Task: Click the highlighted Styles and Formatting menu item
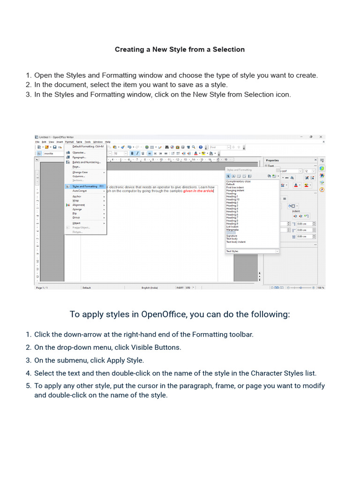point(85,186)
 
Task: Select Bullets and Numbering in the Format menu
point(86,162)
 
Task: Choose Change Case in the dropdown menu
point(80,172)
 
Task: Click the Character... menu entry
point(79,152)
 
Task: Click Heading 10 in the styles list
point(233,199)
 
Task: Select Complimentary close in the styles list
point(238,181)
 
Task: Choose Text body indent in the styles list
point(236,242)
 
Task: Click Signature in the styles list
point(232,236)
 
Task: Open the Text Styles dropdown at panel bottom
point(252,251)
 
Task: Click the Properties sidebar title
point(272,160)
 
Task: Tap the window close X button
point(322,137)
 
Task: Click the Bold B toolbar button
point(132,153)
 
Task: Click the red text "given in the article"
point(198,191)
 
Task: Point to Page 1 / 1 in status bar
point(42,288)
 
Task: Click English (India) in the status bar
point(150,288)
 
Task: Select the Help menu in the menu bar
point(108,142)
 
